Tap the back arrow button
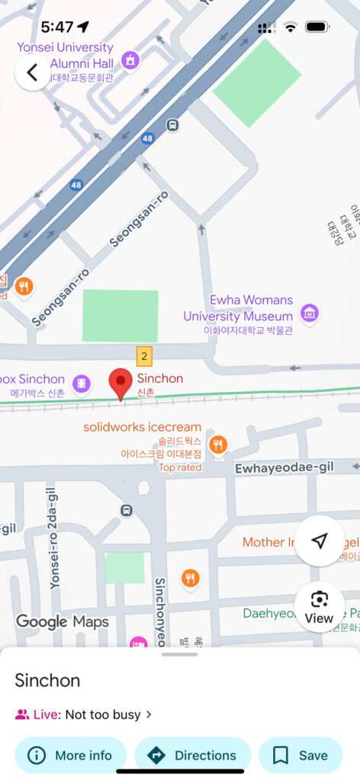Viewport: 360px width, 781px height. point(32,72)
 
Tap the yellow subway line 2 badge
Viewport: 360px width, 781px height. point(145,355)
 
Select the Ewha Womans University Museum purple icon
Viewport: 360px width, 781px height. point(309,312)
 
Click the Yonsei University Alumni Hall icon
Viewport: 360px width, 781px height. point(130,59)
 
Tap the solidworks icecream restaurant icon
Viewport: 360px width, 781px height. point(219,444)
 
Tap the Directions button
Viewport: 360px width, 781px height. point(192,755)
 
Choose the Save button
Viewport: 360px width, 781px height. point(301,755)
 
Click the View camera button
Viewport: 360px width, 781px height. point(319,607)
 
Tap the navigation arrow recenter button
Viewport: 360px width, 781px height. point(320,541)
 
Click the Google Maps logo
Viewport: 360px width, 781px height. point(63,622)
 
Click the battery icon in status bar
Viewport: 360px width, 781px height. point(317,27)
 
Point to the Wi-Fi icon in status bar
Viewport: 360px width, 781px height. point(290,27)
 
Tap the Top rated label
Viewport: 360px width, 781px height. point(180,468)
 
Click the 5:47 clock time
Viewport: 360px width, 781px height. point(57,27)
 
